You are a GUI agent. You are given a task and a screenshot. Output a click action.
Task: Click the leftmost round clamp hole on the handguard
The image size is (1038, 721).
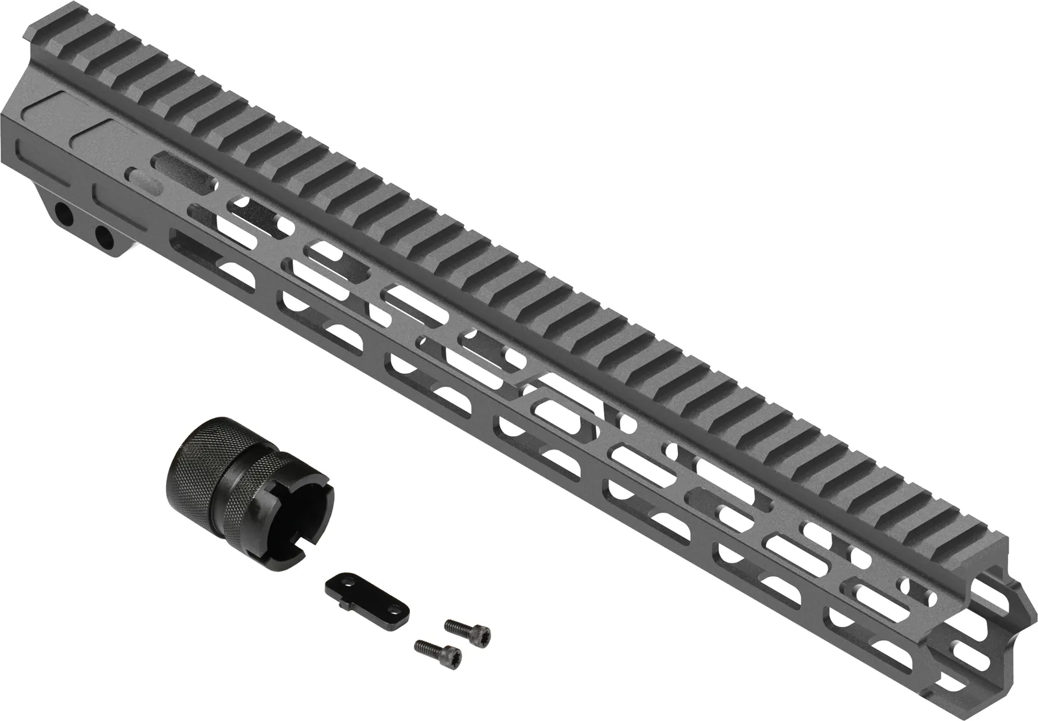[x=64, y=213]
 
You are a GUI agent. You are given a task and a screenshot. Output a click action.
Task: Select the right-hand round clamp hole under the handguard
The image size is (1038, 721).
[x=102, y=235]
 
